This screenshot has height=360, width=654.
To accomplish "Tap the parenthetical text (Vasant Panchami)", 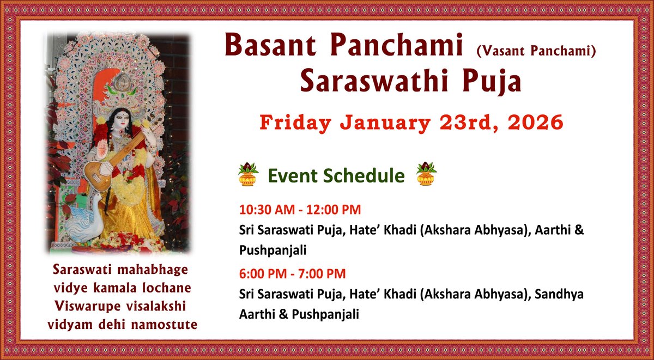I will point(536,51).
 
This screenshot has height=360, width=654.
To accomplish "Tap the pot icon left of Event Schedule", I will point(248,174).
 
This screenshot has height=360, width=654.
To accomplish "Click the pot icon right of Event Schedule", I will point(426,174).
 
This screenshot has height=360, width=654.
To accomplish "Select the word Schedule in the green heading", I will point(366,176).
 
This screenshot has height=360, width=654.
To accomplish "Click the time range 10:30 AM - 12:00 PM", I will point(300,209).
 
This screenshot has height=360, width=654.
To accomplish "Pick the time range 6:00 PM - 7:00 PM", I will point(292,274).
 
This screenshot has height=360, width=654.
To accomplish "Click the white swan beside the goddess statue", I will point(87,218).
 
